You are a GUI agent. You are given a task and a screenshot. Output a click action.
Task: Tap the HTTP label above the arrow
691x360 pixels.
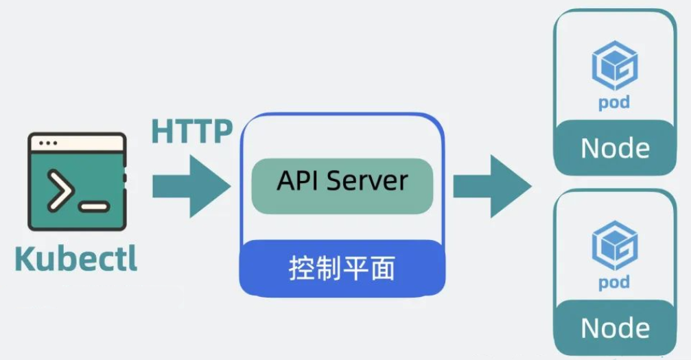tap(192, 130)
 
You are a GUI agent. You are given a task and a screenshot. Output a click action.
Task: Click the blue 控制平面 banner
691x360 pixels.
tap(342, 267)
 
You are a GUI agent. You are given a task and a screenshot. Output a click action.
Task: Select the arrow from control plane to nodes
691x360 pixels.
tap(491, 185)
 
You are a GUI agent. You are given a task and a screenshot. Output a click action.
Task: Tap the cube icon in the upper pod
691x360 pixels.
tap(615, 65)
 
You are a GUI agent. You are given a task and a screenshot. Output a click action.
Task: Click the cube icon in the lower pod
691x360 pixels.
tap(615, 245)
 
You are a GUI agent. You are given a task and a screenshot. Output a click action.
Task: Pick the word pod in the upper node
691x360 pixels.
tap(614, 104)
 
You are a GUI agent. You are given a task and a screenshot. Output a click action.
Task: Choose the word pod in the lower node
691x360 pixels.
tap(614, 283)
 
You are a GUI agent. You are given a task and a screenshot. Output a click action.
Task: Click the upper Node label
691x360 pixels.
tap(615, 148)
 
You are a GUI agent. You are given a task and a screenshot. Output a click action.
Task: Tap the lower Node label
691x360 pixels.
tap(615, 328)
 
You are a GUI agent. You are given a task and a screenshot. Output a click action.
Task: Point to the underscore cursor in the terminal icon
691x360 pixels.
tap(94, 205)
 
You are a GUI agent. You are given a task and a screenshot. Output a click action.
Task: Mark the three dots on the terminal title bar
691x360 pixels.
tap(48, 144)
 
